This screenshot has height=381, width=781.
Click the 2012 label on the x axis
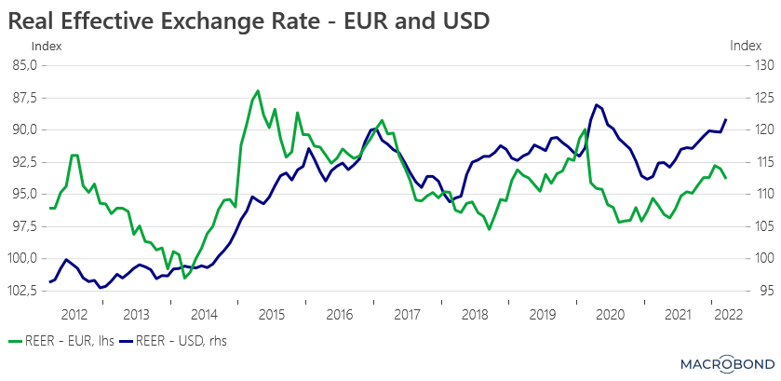75,315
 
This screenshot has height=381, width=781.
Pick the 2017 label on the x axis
408,315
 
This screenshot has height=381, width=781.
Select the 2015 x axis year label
272,315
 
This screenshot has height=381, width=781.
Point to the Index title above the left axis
46,46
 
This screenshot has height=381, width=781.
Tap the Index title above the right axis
746,46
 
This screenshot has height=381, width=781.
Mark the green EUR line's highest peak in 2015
258,91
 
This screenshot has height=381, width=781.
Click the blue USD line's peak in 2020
596,104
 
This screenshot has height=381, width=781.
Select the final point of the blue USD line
726,120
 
